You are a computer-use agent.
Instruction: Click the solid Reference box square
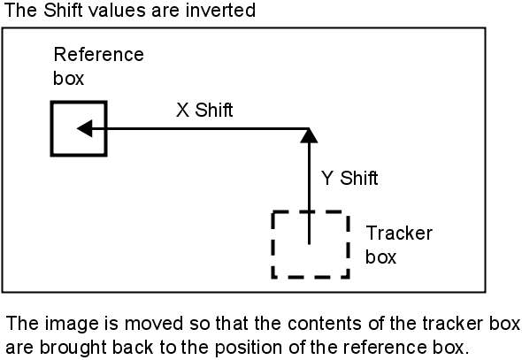pyautogui.click(x=51, y=128)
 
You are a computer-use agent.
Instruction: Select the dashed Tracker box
pyautogui.click(x=273, y=244)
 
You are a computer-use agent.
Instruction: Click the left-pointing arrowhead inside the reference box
pyautogui.click(x=85, y=128)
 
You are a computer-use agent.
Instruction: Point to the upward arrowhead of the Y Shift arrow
pyautogui.click(x=309, y=135)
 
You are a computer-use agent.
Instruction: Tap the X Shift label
pyautogui.click(x=204, y=110)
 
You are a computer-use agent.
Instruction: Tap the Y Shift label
pyautogui.click(x=349, y=178)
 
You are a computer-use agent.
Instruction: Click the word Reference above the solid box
pyautogui.click(x=98, y=54)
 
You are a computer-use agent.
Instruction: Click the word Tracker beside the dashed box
pyautogui.click(x=399, y=233)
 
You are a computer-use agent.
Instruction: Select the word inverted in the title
pyautogui.click(x=220, y=10)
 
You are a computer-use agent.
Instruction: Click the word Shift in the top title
pyautogui.click(x=63, y=10)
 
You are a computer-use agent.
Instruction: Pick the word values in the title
pyautogui.click(x=117, y=11)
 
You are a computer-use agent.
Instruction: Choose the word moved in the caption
pyautogui.click(x=154, y=323)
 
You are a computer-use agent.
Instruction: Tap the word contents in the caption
pyautogui.click(x=325, y=324)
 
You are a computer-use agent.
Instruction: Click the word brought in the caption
pyautogui.click(x=74, y=348)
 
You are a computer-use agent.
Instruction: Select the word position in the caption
pyautogui.click(x=249, y=348)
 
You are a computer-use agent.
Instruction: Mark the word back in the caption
pyautogui.click(x=133, y=348)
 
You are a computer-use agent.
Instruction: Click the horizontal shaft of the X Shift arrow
pyautogui.click(x=201, y=128)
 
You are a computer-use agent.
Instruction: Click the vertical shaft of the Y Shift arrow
pyautogui.click(x=309, y=194)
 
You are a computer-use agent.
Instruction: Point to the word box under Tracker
pyautogui.click(x=380, y=257)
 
